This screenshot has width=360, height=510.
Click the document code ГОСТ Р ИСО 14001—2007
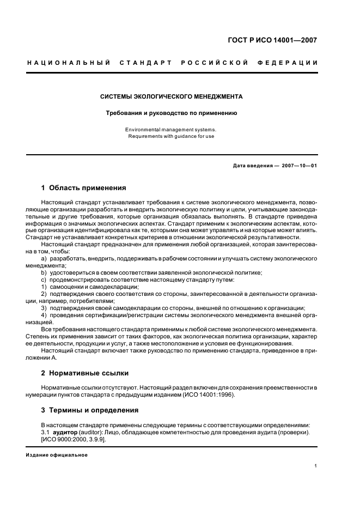click(x=272, y=40)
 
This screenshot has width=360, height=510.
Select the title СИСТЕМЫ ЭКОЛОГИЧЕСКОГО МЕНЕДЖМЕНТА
click(x=171, y=96)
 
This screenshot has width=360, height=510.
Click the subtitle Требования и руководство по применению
click(x=171, y=113)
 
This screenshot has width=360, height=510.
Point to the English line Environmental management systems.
click(x=171, y=130)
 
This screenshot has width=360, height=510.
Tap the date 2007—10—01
click(x=300, y=166)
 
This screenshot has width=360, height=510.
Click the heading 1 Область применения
click(x=83, y=188)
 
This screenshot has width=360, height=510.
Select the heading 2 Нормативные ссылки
click(x=84, y=373)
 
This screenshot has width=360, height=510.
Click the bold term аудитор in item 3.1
click(x=65, y=432)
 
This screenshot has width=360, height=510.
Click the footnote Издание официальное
click(x=57, y=455)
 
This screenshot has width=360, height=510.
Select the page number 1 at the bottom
click(x=316, y=466)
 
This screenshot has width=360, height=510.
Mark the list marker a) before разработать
click(x=44, y=258)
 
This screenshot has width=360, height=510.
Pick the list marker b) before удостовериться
click(x=44, y=272)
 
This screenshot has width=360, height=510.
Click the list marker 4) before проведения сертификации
click(x=44, y=315)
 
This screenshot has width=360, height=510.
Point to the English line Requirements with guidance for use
click(x=171, y=136)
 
